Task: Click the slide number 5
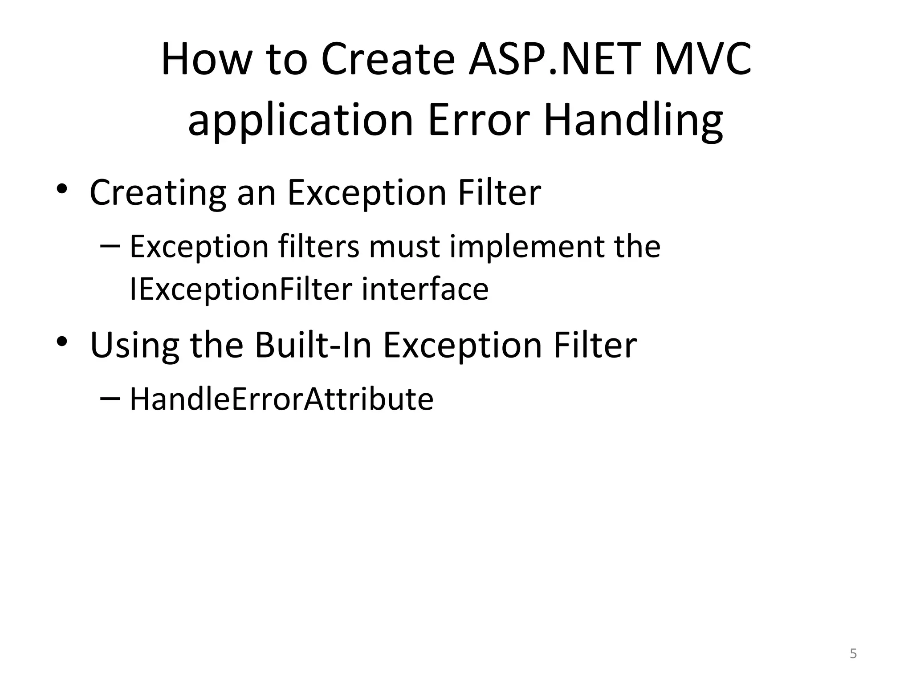pyautogui.click(x=853, y=654)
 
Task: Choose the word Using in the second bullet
pyautogui.click(x=135, y=346)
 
